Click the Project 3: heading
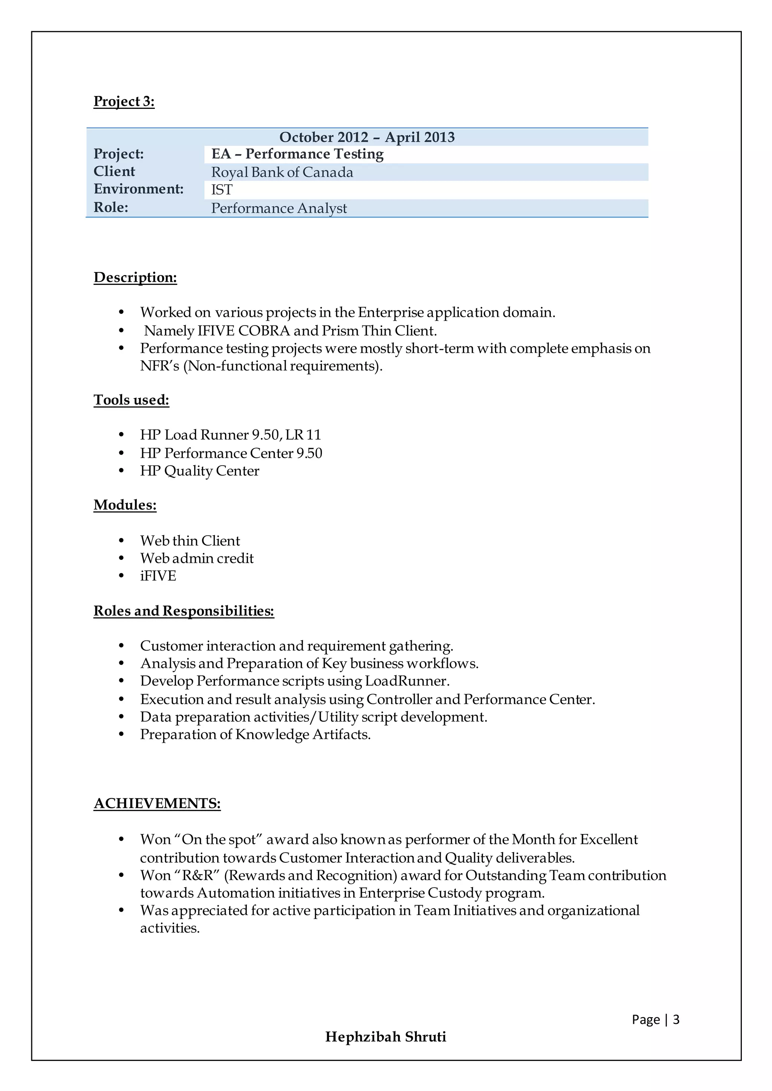point(124,101)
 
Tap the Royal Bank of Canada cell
point(282,172)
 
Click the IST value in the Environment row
point(222,189)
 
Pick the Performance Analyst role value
point(279,208)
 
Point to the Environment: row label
point(138,189)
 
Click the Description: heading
point(135,278)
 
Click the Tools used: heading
point(131,400)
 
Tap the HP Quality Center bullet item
point(200,471)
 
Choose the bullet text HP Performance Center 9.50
point(231,453)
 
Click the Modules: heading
point(125,505)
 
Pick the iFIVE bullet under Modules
point(158,576)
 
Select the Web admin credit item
point(197,558)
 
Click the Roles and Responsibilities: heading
point(184,611)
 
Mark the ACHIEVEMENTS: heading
point(157,804)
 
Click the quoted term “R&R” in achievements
point(200,876)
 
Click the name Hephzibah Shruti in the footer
point(386,1037)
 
